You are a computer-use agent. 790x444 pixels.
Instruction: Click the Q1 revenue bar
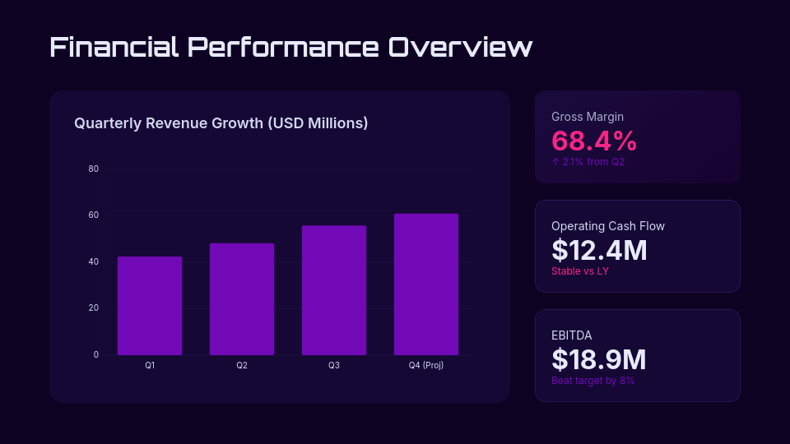coord(150,306)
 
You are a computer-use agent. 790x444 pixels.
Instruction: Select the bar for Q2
coord(242,299)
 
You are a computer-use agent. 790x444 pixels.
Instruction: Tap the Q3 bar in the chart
coord(334,290)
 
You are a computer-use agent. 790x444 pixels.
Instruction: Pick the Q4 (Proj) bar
coord(426,284)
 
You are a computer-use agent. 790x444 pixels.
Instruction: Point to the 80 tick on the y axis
coord(93,169)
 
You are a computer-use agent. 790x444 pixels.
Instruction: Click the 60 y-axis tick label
coord(93,215)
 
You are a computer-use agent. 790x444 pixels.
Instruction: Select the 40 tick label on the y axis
coord(93,261)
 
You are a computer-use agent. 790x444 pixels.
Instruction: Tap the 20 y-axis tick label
coord(93,308)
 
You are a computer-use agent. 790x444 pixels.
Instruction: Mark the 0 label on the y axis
coord(95,354)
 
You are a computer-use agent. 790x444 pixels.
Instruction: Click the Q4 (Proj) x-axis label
coord(426,365)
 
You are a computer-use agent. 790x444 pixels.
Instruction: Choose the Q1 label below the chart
coord(150,365)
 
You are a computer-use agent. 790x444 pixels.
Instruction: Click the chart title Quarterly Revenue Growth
coord(221,123)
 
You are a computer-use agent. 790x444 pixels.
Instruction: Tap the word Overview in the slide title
coord(461,47)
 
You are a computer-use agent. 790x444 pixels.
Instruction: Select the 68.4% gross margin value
coord(594,141)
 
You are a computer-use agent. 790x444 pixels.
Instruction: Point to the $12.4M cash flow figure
coord(599,250)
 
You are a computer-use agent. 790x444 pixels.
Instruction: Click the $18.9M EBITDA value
coord(599,359)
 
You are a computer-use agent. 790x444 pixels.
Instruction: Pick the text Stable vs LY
coord(580,271)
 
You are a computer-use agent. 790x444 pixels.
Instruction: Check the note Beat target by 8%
coord(592,381)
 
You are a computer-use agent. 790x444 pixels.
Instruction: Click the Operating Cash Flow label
coord(608,226)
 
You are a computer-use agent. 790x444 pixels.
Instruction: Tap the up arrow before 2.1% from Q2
coord(555,162)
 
